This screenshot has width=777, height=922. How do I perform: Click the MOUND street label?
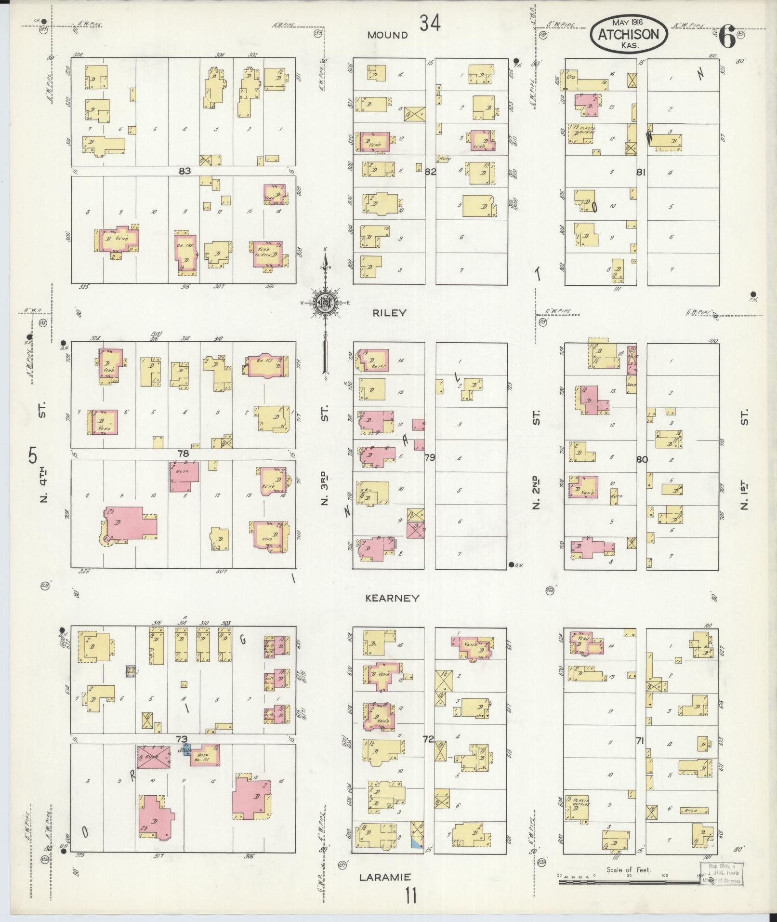pyautogui.click(x=387, y=35)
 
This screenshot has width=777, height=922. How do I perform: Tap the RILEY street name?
pyautogui.click(x=389, y=313)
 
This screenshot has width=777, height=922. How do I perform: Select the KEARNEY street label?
pyautogui.click(x=392, y=598)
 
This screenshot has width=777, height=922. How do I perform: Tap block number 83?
pyautogui.click(x=184, y=171)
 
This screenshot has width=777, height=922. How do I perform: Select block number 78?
pyautogui.click(x=183, y=454)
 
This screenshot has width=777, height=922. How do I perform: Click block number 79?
pyautogui.click(x=429, y=457)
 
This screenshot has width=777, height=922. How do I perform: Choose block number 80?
pyautogui.click(x=642, y=459)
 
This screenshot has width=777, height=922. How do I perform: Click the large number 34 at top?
pyautogui.click(x=429, y=23)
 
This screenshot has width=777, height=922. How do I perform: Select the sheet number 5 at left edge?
pyautogui.click(x=33, y=455)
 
